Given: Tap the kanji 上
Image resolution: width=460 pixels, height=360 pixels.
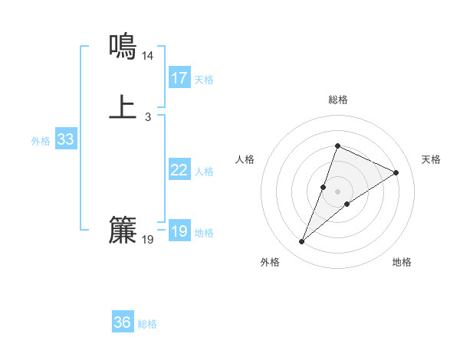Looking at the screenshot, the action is pyautogui.click(x=123, y=107).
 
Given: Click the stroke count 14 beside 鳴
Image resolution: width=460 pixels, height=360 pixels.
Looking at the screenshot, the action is pyautogui.click(x=148, y=56).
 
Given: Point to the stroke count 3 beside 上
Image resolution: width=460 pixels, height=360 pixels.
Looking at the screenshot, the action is pyautogui.click(x=148, y=117).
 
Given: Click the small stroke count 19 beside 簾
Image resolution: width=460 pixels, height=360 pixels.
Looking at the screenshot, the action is pyautogui.click(x=148, y=240).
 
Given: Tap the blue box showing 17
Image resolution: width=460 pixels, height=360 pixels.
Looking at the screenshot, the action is pyautogui.click(x=179, y=78).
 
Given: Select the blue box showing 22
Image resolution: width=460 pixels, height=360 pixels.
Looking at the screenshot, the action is pyautogui.click(x=179, y=170).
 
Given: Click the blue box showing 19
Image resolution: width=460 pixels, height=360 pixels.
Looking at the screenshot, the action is pyautogui.click(x=179, y=231).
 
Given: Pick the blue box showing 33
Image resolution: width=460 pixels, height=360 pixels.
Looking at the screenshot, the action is pyautogui.click(x=65, y=139).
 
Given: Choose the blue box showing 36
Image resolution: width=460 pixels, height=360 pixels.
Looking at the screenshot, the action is pyautogui.click(x=123, y=322).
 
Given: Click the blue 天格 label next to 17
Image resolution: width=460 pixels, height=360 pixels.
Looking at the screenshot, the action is pyautogui.click(x=204, y=80).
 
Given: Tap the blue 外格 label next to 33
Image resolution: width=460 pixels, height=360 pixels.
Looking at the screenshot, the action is pyautogui.click(x=41, y=141).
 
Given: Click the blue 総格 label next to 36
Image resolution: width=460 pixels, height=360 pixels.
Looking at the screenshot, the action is pyautogui.click(x=147, y=324).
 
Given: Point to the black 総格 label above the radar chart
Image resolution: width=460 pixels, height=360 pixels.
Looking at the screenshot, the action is pyautogui.click(x=337, y=100).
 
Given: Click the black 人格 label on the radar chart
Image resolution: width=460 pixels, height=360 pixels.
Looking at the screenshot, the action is pyautogui.click(x=245, y=159).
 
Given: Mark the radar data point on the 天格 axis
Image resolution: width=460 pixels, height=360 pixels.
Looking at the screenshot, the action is pyautogui.click(x=396, y=172).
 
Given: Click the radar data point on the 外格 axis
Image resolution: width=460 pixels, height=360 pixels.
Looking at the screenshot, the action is pyautogui.click(x=301, y=242).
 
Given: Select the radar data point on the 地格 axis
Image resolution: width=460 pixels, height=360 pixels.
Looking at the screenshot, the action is pyautogui.click(x=347, y=204).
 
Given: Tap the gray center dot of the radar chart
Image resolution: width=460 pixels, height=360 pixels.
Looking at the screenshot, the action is pyautogui.click(x=337, y=191).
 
